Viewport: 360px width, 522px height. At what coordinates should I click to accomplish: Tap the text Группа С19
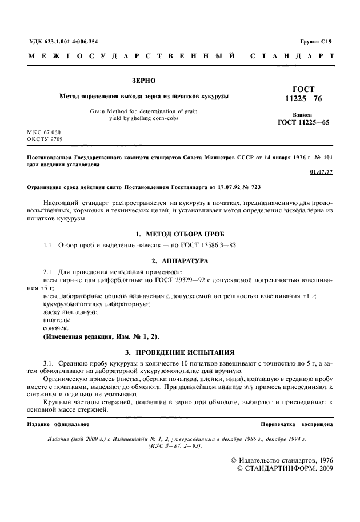pyautogui.click(x=315, y=42)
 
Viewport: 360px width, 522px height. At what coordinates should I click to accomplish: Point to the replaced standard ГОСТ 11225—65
pyautogui.click(x=303, y=122)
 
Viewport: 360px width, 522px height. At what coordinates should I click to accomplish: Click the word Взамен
pyautogui.click(x=303, y=114)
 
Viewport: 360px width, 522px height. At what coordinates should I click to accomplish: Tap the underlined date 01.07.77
pyautogui.click(x=321, y=171)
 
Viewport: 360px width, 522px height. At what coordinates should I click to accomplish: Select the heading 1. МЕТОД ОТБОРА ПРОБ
pyautogui.click(x=180, y=235)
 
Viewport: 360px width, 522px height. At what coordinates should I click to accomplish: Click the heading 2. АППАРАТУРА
pyautogui.click(x=180, y=260)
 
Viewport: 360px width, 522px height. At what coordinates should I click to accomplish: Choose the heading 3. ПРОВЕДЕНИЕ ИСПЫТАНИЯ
pyautogui.click(x=180, y=352)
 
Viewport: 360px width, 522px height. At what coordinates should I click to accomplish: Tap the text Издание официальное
pyautogui.click(x=58, y=425)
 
